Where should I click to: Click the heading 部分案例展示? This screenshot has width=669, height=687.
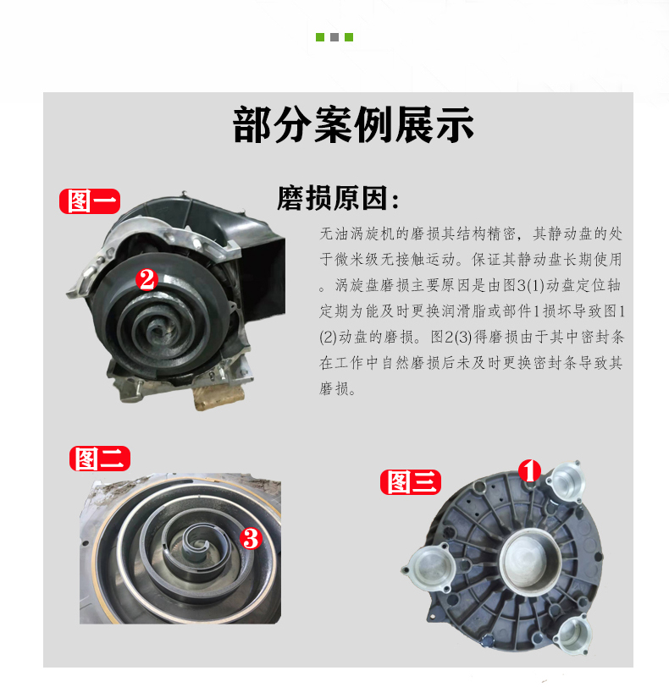353,125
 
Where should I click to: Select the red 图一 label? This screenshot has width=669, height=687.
90,201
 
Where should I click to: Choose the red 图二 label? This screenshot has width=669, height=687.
100,459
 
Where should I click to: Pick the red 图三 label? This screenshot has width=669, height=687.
411,482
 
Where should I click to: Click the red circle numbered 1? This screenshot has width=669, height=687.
529,471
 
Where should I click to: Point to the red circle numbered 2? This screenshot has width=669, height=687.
147,279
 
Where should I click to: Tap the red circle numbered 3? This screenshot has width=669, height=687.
251,538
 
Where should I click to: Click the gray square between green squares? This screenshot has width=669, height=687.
334,37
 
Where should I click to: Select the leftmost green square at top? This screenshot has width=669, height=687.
320,37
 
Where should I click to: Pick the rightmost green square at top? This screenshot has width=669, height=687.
349,37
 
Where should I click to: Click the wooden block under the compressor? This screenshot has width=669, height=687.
218,397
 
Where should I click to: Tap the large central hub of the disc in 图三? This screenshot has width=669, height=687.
530,559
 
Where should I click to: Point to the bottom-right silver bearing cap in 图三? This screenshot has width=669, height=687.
573,634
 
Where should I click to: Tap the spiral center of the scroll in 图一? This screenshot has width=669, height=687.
156,327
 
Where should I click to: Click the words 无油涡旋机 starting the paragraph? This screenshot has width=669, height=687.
357,234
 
